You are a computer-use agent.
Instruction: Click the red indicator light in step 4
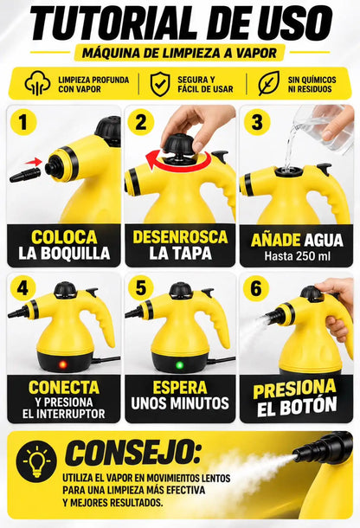(62, 364)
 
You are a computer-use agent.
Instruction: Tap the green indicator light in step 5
(180, 365)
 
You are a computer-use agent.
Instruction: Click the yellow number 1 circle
(22, 121)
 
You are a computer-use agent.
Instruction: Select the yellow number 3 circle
(257, 122)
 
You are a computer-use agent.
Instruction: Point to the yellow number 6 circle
(256, 288)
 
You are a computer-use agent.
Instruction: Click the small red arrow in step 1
(34, 163)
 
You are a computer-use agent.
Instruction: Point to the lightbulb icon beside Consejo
(36, 461)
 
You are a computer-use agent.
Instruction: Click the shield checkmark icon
(160, 84)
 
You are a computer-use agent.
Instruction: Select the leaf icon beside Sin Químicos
(268, 83)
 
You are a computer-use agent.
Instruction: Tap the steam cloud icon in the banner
(37, 83)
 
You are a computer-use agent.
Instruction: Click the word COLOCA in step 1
(64, 237)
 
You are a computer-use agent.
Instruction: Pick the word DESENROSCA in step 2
(180, 237)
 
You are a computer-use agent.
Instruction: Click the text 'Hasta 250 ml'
(297, 256)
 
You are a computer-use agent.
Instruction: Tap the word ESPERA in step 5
(180, 387)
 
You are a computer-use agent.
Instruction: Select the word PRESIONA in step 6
(295, 389)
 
